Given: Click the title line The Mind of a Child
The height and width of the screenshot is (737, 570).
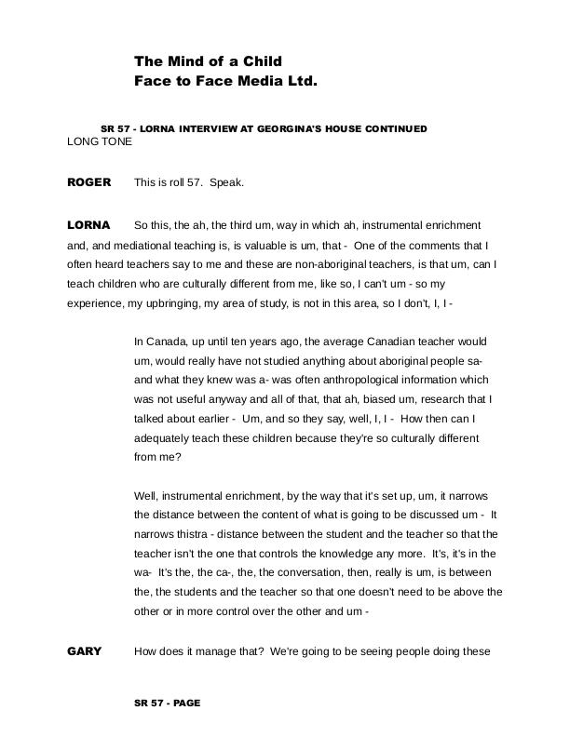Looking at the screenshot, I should coord(208,61).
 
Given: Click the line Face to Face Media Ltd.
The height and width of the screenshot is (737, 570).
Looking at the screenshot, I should coord(225,81).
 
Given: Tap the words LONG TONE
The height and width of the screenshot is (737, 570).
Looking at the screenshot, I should coord(100,142).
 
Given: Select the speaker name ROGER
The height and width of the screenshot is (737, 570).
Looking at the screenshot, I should coord(88,182).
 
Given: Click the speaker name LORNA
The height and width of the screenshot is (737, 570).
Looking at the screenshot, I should coord(88,225).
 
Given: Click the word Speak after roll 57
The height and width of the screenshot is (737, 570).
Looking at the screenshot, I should coord(226,182).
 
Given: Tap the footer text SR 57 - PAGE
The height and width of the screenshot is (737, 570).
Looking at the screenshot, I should coord(168,703).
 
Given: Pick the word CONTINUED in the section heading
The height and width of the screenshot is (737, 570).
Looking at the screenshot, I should coord(394,128).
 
